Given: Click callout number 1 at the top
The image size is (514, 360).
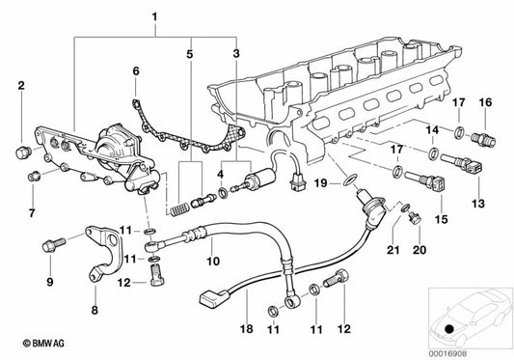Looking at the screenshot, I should click(x=150, y=15).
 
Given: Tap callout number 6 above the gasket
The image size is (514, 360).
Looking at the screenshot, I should click(x=136, y=70).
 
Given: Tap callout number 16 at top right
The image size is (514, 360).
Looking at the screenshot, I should click(x=485, y=102).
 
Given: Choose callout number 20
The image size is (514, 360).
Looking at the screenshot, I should click(x=419, y=249).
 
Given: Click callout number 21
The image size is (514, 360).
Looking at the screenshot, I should click(x=391, y=249).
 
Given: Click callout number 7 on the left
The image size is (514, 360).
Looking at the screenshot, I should click(x=31, y=211).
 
